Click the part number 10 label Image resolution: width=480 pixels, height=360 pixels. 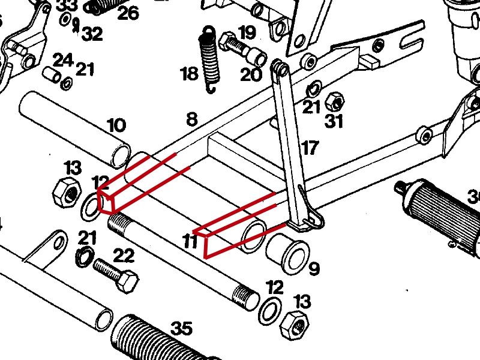click(x=116, y=126)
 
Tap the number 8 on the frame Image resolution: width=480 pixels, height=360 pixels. click(x=191, y=119)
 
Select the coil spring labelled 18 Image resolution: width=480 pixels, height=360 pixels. click(x=208, y=60)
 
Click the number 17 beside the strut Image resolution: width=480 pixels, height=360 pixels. click(x=310, y=148)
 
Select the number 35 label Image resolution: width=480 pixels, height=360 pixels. click(x=181, y=329)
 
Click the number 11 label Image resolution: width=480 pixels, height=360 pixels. click(x=190, y=241)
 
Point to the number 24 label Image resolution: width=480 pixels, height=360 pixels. click(x=62, y=60)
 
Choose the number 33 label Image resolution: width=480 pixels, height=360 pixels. click(x=67, y=5)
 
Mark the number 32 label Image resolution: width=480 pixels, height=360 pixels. click(x=92, y=34)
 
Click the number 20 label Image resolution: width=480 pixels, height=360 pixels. click(x=251, y=74)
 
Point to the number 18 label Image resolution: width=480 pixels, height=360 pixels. click(x=189, y=74)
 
